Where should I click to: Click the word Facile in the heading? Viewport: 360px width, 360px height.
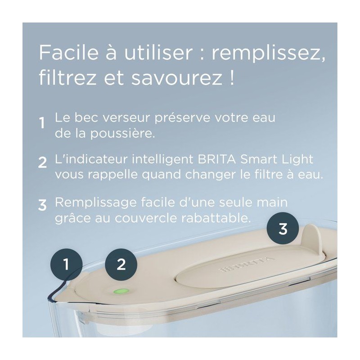[x=69, y=53]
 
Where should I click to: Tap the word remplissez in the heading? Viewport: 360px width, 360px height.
[x=268, y=54]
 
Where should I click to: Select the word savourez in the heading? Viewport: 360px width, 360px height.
[x=175, y=78]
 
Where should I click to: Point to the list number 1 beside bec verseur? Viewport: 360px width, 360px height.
[x=42, y=123]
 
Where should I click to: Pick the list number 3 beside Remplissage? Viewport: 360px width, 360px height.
[x=42, y=205]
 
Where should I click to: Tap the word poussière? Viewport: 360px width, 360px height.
[x=122, y=133]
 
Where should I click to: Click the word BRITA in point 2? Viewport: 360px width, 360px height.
[x=216, y=159]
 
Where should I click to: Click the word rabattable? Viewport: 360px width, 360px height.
[x=216, y=218]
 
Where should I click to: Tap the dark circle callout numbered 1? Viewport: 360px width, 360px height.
[x=66, y=264]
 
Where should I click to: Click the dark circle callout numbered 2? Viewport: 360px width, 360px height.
[x=121, y=264]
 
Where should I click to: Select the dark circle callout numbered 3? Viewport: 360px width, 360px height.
[x=283, y=229]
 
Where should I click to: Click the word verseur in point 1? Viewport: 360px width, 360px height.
[x=126, y=118]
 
